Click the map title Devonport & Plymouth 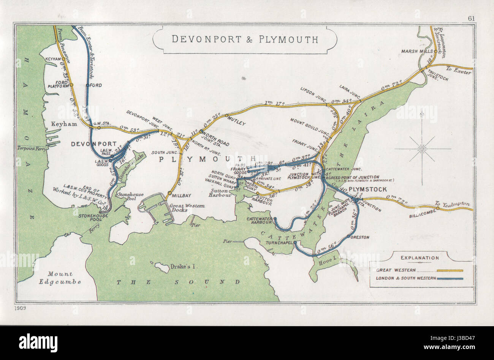245,39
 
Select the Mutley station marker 227,115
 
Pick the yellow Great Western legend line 450,271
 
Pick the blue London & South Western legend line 450,279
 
